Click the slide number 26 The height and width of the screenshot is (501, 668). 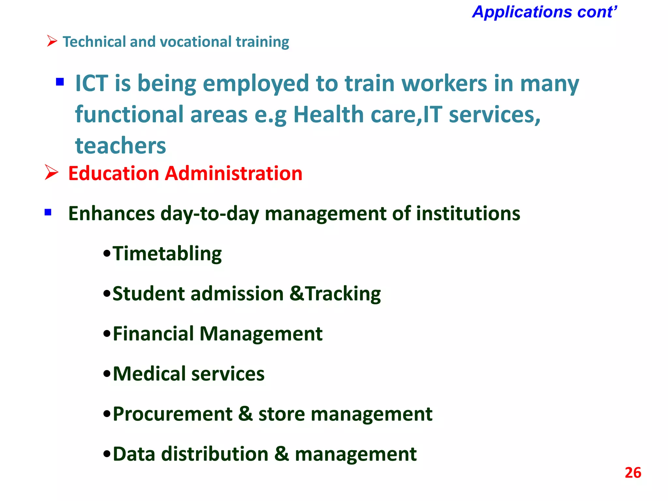pyautogui.click(x=633, y=473)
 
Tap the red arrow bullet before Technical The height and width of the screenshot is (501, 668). pyautogui.click(x=52, y=41)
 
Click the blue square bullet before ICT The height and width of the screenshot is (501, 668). pyautogui.click(x=60, y=81)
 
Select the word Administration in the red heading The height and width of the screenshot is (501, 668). pyautogui.click(x=234, y=173)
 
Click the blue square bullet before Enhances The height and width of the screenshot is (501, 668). pyautogui.click(x=48, y=212)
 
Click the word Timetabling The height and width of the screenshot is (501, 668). pyautogui.click(x=167, y=254)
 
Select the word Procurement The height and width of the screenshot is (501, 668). pyautogui.click(x=173, y=414)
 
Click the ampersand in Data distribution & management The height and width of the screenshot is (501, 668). pyautogui.click(x=281, y=454)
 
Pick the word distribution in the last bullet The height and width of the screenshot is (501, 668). pyautogui.click(x=215, y=454)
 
